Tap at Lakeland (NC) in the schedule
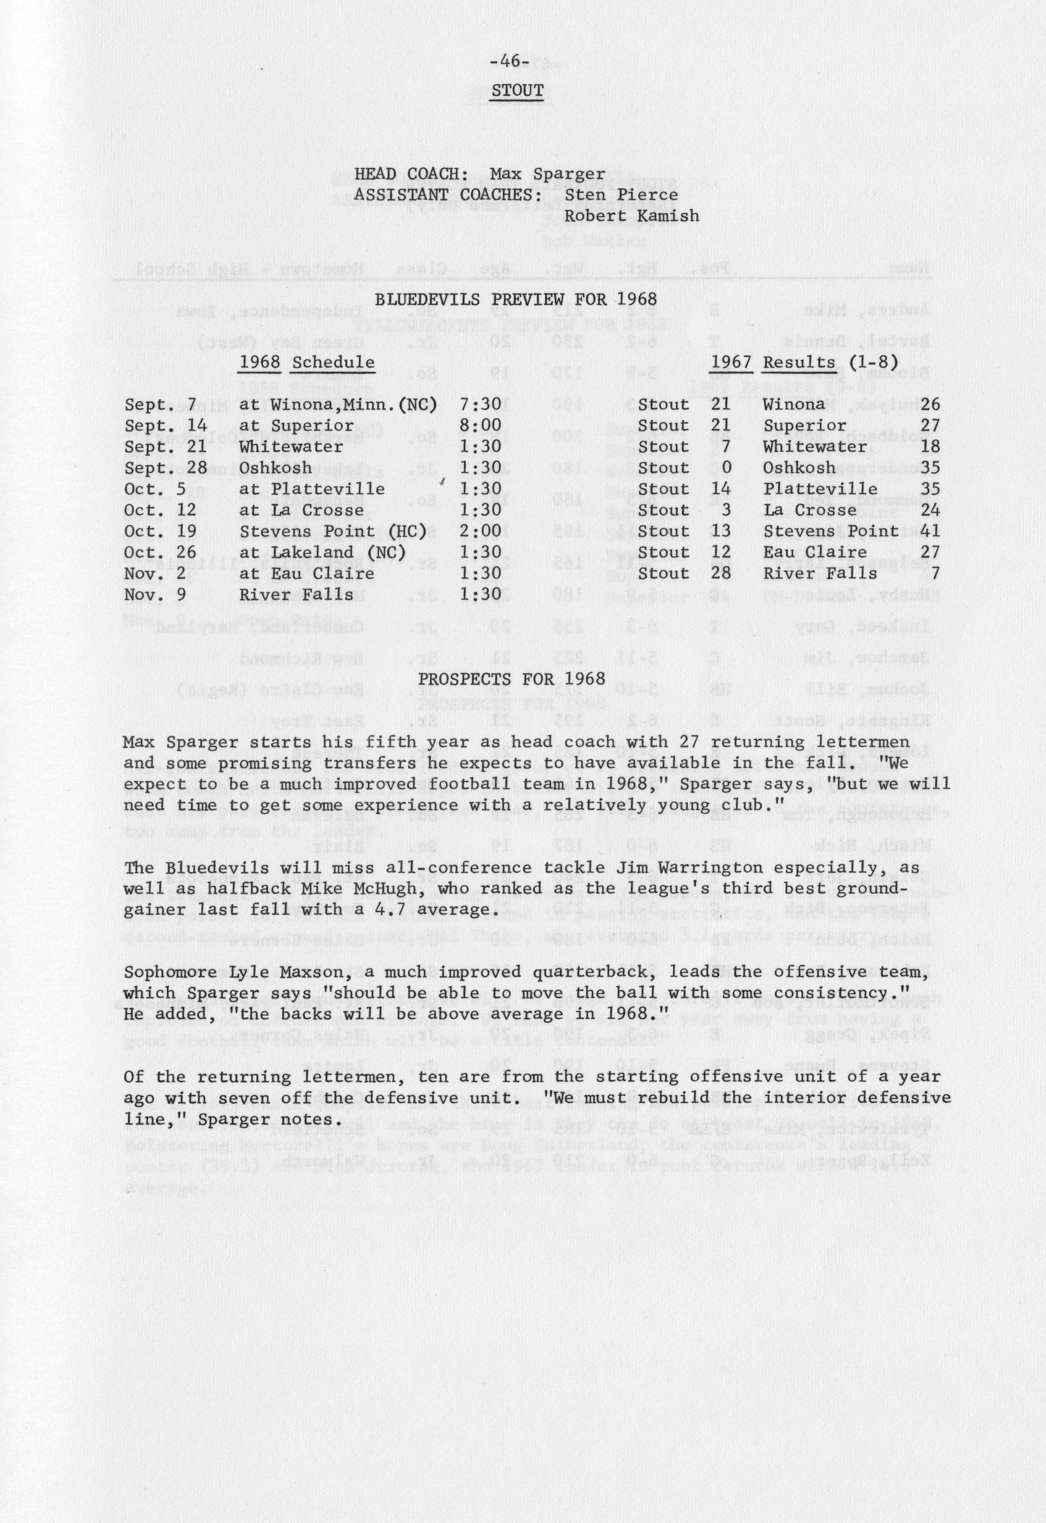coord(322,552)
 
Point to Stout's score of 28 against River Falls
coord(721,573)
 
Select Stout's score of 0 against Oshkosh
coord(726,468)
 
